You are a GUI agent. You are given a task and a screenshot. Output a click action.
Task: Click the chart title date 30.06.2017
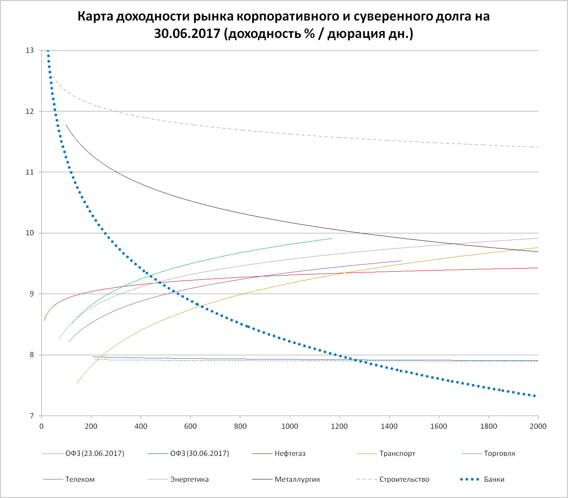(187, 34)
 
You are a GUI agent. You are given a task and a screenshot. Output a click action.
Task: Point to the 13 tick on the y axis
(30, 50)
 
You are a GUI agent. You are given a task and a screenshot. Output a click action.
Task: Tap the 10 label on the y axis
(30, 233)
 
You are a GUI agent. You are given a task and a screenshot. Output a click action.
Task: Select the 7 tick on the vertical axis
(32, 416)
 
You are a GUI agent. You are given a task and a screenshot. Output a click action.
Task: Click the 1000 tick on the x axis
(290, 426)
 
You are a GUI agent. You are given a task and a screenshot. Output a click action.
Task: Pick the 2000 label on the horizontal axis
(538, 426)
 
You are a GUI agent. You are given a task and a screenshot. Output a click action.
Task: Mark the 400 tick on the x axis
(141, 426)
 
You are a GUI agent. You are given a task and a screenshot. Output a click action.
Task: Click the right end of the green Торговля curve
(332, 238)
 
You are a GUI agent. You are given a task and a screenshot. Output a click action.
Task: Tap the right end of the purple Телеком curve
(401, 261)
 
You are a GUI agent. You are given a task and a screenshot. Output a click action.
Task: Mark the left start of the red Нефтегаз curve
(44, 320)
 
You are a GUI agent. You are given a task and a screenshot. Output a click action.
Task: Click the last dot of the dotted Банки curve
(534, 396)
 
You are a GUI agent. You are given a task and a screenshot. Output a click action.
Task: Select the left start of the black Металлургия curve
(66, 125)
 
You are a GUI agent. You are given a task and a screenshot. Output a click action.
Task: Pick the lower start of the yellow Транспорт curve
(77, 383)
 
